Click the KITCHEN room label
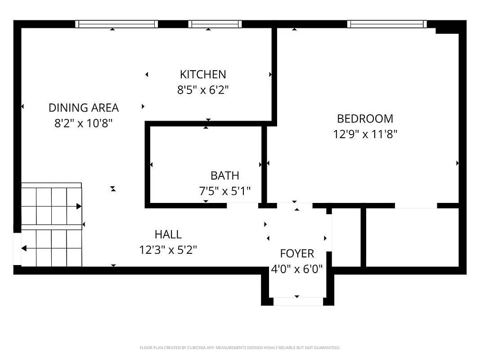[x=203, y=74]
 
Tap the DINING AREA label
[x=84, y=108]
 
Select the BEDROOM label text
[x=365, y=118]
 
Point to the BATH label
[x=224, y=175]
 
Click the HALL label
[x=168, y=234]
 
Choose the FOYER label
[x=297, y=253]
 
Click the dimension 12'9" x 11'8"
[x=365, y=134]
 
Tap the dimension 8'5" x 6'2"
[x=203, y=90]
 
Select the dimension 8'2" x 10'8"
[x=84, y=123]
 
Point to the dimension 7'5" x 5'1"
[x=224, y=191]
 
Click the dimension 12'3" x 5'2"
[x=168, y=250]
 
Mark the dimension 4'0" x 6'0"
[x=297, y=269]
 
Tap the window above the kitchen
[x=215, y=24]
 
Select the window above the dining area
[x=116, y=24]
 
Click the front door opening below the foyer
[x=297, y=301]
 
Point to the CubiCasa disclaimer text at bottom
[x=240, y=348]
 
